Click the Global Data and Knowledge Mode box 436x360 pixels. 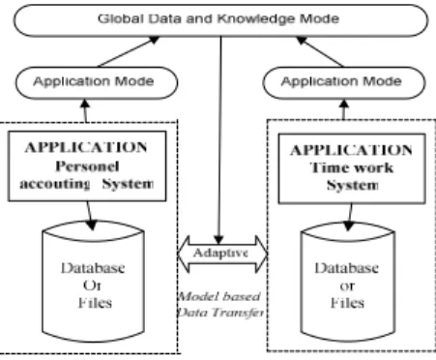(x=220, y=20)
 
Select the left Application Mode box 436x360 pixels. (x=97, y=82)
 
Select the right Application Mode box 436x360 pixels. (x=344, y=82)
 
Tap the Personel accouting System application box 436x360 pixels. (x=87, y=165)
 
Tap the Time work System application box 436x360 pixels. (x=352, y=168)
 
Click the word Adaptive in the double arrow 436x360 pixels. (x=221, y=253)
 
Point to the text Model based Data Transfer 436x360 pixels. (x=220, y=304)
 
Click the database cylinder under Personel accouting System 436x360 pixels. (x=93, y=282)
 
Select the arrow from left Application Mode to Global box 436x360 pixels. (x=129, y=51)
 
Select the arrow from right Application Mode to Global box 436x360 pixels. (x=320, y=51)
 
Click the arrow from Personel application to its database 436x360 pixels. (x=90, y=216)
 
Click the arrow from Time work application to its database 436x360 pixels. (x=349, y=218)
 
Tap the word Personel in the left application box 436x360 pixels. (x=87, y=166)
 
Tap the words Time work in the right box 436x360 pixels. (x=352, y=167)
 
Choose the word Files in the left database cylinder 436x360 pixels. (x=95, y=303)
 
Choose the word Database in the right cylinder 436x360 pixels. (x=347, y=268)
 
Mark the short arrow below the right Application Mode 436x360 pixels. (x=344, y=109)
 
